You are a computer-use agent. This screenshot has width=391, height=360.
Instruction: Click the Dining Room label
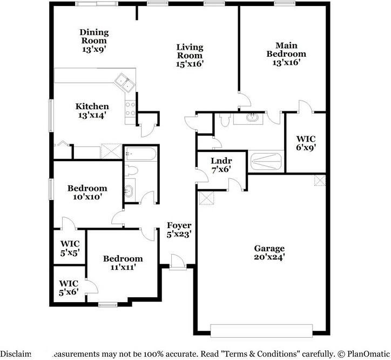pyautogui.click(x=94, y=41)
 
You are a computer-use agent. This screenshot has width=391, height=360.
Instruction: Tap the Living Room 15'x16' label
pyautogui.click(x=189, y=55)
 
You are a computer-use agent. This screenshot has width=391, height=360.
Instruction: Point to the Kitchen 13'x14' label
pyautogui.click(x=92, y=110)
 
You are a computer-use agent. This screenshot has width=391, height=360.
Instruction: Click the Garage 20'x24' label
pyautogui.click(x=269, y=252)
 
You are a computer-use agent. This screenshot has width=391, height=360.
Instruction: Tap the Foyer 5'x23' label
pyautogui.click(x=179, y=230)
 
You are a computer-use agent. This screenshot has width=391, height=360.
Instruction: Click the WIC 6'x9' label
pyautogui.click(x=306, y=142)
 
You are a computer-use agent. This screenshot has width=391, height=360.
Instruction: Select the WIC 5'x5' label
pyautogui.click(x=69, y=248)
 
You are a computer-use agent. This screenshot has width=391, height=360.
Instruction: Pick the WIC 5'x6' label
pyautogui.click(x=69, y=288)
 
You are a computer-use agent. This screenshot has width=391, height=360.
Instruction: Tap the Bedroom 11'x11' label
pyautogui.click(x=123, y=263)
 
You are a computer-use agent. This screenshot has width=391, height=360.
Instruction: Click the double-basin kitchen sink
pyautogui.click(x=125, y=83)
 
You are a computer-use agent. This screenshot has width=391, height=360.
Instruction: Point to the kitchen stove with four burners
pyautogui.click(x=130, y=110)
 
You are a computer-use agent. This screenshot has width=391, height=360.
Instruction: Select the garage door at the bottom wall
pyautogui.click(x=261, y=330)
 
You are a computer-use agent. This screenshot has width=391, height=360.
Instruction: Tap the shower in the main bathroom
pyautogui.click(x=266, y=161)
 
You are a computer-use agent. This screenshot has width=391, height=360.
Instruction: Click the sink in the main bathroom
pyautogui.click(x=252, y=117)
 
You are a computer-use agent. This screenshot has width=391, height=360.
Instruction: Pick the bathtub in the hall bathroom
pyautogui.click(x=140, y=156)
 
